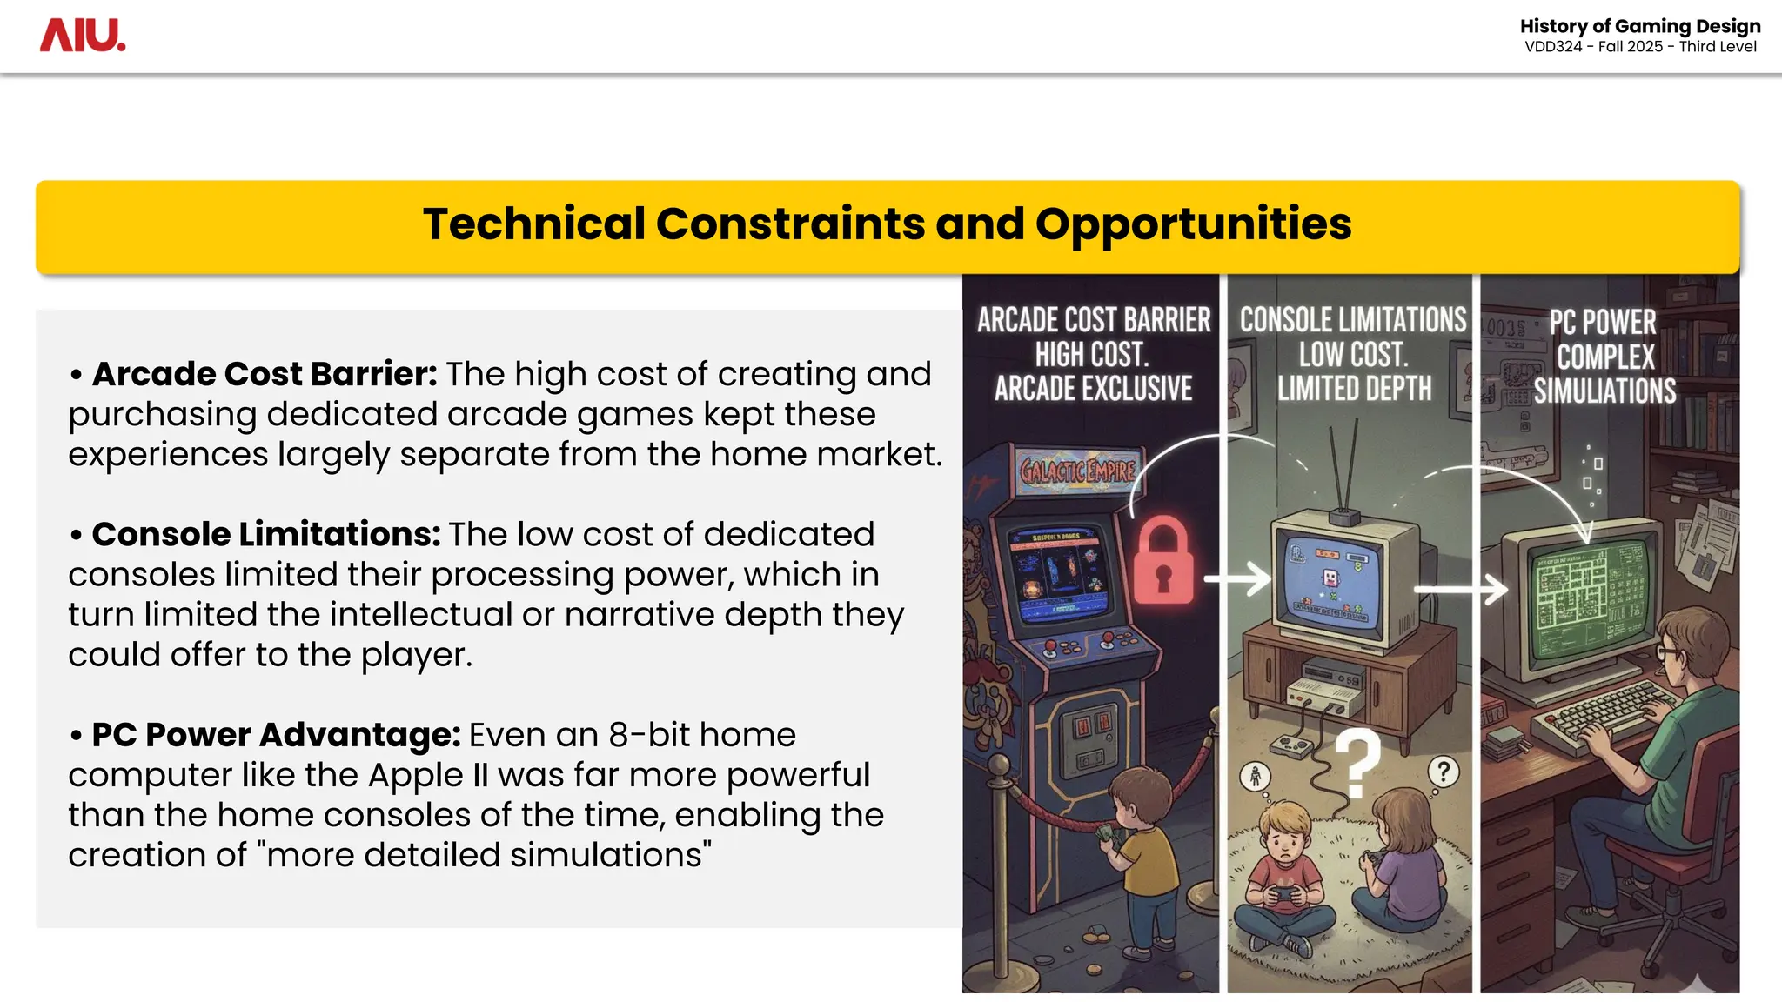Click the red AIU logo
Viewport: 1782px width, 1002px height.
[x=83, y=36]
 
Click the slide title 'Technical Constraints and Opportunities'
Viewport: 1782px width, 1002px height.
[x=887, y=224]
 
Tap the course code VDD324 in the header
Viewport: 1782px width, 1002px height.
[x=1553, y=47]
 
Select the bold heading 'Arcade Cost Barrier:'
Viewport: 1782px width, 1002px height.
[x=265, y=374]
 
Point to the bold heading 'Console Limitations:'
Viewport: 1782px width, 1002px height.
[x=266, y=534]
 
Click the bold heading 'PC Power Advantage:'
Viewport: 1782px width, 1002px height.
[x=276, y=735]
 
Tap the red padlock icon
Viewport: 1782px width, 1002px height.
[x=1163, y=560]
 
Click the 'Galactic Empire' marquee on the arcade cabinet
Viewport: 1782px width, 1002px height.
[x=1078, y=471]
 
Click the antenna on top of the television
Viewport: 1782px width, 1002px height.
[x=1343, y=474]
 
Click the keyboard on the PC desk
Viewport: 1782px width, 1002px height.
[x=1605, y=714]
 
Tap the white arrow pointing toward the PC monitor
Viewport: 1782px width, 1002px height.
[x=1462, y=589]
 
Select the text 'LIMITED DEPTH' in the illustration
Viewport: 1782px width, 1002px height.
[x=1354, y=389]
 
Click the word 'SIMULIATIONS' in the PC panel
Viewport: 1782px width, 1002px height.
[x=1604, y=391]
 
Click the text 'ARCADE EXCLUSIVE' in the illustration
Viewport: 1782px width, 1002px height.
[x=1093, y=389]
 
